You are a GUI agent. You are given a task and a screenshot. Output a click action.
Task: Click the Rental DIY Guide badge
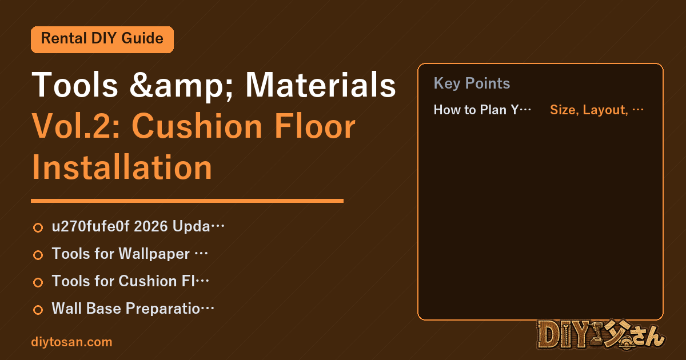[102, 39]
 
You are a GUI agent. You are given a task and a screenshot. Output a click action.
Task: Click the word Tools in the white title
[75, 85]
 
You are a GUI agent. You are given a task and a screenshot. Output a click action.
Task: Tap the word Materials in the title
[321, 85]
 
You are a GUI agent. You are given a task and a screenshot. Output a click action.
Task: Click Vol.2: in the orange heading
[76, 126]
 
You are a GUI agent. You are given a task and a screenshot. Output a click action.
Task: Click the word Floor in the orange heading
[315, 126]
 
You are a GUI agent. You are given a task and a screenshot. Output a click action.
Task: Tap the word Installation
[122, 167]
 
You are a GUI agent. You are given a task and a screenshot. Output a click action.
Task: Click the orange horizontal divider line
[187, 201]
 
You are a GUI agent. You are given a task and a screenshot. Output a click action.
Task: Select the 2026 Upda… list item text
[138, 226]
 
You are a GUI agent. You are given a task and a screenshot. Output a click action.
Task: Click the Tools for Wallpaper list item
[130, 254]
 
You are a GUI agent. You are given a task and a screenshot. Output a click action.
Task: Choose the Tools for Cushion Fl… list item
[130, 281]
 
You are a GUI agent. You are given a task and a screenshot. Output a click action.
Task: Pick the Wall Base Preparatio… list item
[133, 309]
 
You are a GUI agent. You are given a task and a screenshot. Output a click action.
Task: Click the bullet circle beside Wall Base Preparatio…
[38, 310]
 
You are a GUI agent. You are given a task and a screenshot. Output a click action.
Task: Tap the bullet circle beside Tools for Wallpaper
[38, 255]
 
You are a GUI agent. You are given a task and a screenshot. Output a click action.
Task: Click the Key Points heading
[472, 83]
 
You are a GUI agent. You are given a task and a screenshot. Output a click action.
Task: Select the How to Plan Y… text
[482, 110]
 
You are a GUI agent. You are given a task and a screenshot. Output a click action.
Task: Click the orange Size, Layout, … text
[597, 110]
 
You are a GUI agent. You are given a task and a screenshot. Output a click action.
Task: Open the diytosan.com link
[71, 342]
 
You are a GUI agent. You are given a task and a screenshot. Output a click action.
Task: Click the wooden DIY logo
[601, 335]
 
